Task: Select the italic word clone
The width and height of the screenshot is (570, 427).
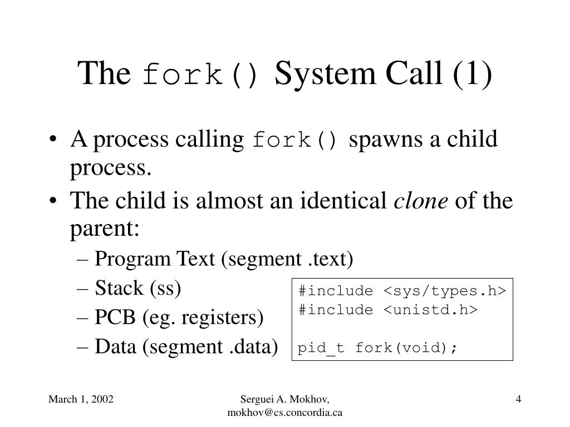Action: [x=421, y=201]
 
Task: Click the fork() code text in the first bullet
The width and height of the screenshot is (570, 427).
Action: [x=295, y=141]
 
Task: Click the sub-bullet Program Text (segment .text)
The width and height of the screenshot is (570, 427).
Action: [x=224, y=259]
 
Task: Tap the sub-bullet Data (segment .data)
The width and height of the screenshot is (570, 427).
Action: [x=186, y=346]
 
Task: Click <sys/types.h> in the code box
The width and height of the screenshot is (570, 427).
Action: [x=444, y=291]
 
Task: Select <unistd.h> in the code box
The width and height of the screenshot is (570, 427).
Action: [x=430, y=310]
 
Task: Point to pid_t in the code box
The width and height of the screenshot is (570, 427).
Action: [x=321, y=348]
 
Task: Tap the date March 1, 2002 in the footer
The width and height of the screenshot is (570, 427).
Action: [x=81, y=399]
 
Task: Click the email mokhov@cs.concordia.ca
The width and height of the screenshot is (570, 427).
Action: [x=285, y=412]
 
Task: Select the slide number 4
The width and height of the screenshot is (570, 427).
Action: [x=518, y=399]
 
